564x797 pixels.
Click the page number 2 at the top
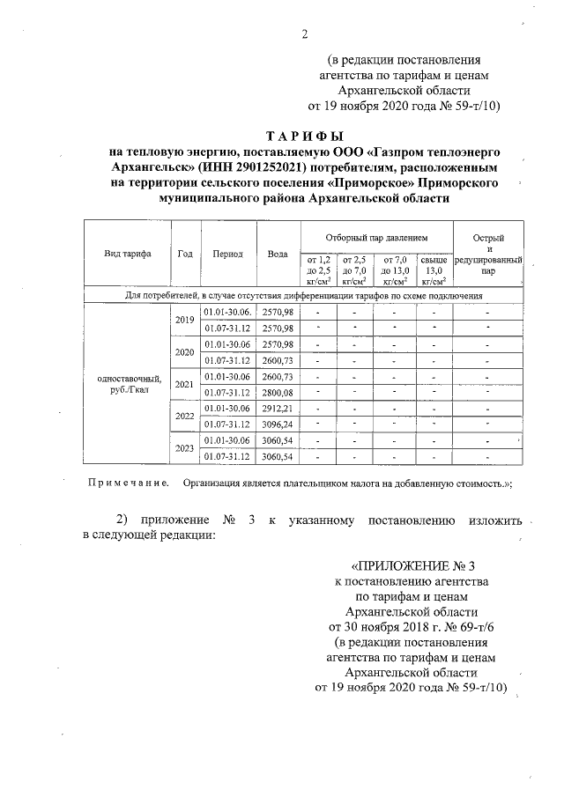tap(304, 34)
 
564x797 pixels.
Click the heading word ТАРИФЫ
tap(304, 136)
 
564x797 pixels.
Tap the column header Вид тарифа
tap(128, 254)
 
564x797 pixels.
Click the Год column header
tap(185, 254)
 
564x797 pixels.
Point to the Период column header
tap(227, 254)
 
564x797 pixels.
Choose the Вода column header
tap(278, 254)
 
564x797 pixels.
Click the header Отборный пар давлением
tap(375, 238)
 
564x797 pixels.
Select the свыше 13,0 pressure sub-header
tap(434, 270)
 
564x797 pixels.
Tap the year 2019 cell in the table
tap(185, 320)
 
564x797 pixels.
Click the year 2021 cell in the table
tap(185, 384)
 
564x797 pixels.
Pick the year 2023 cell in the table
tap(185, 448)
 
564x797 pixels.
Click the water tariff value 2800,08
tap(278, 392)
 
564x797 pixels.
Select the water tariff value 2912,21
tap(278, 409)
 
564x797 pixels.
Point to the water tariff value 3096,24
tap(278, 424)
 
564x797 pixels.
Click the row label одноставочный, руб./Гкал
tap(128, 384)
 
